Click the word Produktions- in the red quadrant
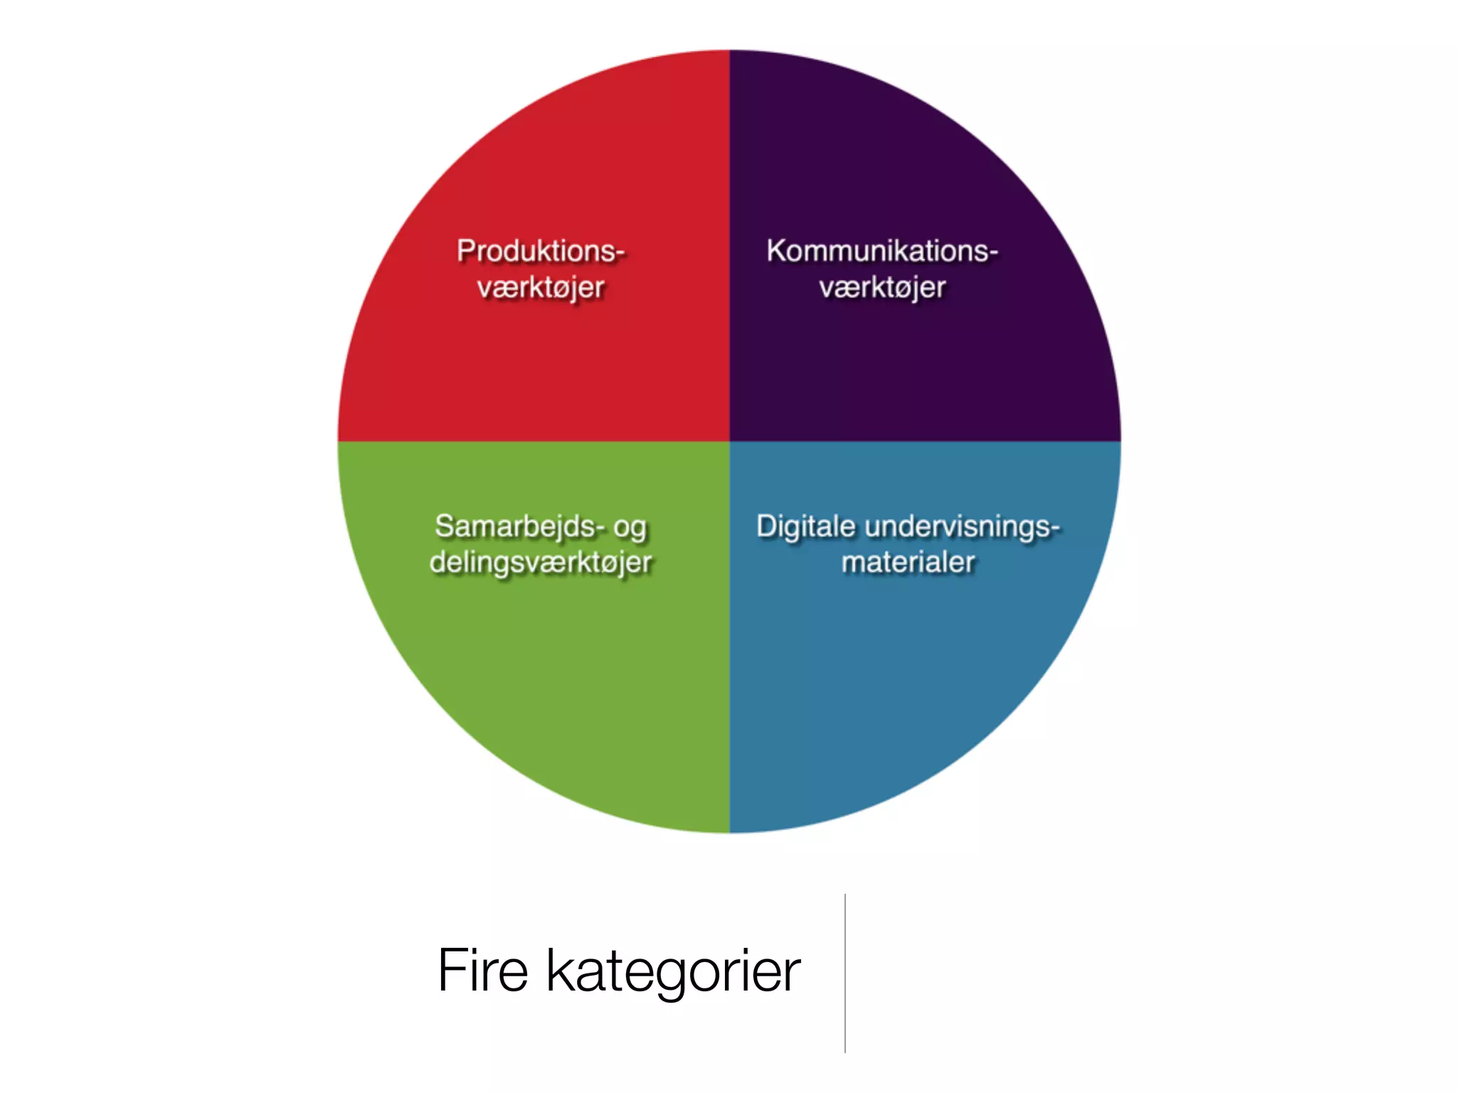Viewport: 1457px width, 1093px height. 541,251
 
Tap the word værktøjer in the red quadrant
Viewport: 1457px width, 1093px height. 541,288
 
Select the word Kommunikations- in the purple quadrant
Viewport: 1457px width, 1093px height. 882,251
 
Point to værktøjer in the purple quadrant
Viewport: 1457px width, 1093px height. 882,288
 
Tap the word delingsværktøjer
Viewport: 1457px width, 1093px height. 541,563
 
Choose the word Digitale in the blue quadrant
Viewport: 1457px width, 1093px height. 806,527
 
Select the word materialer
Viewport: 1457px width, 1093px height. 908,562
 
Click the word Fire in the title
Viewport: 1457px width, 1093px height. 483,970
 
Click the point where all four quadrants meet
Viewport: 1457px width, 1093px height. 729,441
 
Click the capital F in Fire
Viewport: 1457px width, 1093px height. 450,970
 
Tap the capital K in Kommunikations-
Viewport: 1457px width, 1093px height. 775,251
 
